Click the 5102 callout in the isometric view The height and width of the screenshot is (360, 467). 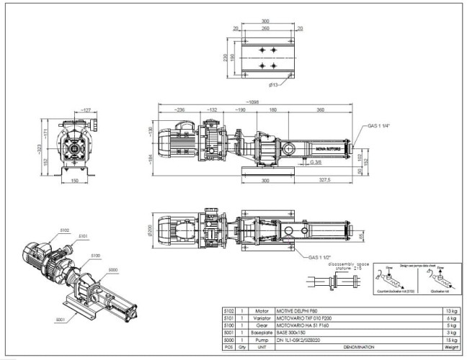[x=64, y=230]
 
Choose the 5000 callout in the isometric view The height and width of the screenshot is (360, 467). [x=112, y=270]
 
